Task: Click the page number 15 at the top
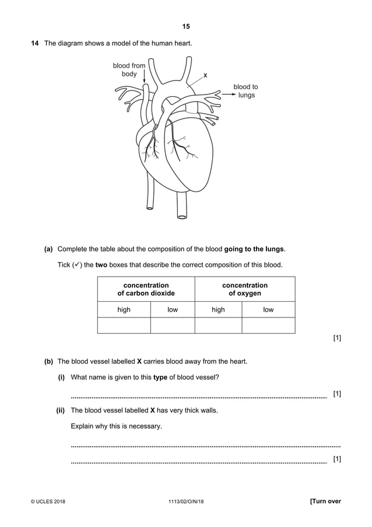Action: point(186,26)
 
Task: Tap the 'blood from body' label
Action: point(129,70)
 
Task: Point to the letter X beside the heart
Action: point(205,75)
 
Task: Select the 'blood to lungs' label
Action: point(245,91)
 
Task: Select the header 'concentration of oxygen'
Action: point(245,289)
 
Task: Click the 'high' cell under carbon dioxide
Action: point(124,310)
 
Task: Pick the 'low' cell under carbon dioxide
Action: point(173,310)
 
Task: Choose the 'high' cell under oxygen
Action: point(218,310)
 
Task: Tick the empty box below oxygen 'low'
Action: point(268,325)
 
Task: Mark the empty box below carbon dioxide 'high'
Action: point(124,325)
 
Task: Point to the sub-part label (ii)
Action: point(60,410)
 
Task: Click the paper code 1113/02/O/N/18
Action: point(185,501)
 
